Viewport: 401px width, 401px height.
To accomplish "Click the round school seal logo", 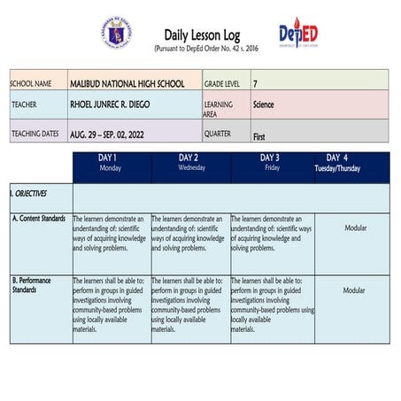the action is click(117, 33).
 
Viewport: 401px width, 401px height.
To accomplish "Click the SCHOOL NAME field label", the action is click(31, 83).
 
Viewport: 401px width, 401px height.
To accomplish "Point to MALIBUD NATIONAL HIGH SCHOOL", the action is click(127, 83).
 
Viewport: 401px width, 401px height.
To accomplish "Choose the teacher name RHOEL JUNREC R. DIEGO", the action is click(110, 104).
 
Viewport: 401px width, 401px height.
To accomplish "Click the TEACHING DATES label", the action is click(35, 134).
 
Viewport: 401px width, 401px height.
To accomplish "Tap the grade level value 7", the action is click(256, 83).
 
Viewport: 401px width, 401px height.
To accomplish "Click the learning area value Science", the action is click(263, 104).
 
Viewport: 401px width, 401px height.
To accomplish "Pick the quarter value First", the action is click(259, 137).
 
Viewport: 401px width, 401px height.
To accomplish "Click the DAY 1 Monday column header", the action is click(110, 163).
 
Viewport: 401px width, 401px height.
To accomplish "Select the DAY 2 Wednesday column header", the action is click(190, 163).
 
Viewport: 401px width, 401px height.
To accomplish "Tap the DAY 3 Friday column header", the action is click(270, 163).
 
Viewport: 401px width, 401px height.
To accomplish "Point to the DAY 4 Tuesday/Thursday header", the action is click(337, 163).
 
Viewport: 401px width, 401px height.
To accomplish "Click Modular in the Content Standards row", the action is click(354, 227).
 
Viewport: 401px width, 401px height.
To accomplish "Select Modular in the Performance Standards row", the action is click(354, 289).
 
